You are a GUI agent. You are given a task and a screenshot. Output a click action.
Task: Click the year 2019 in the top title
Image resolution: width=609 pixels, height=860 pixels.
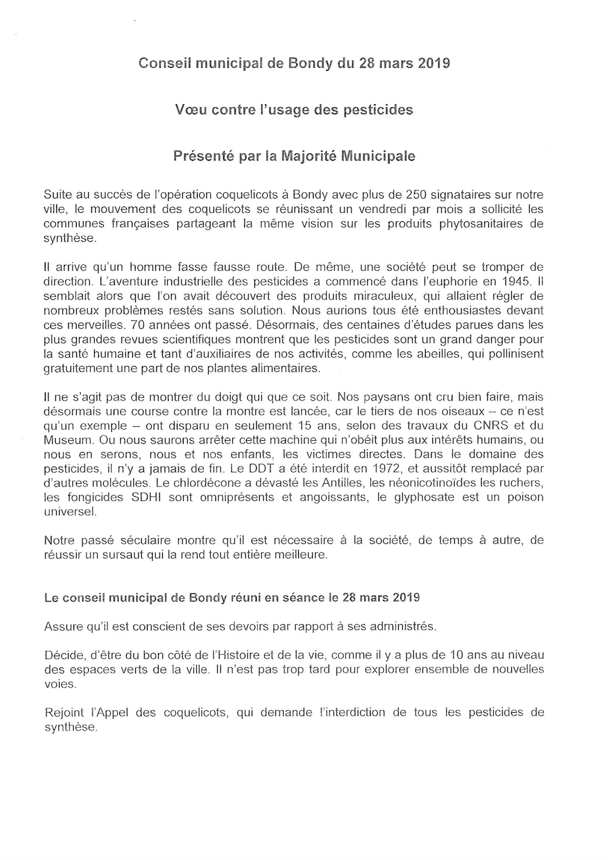(433, 63)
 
